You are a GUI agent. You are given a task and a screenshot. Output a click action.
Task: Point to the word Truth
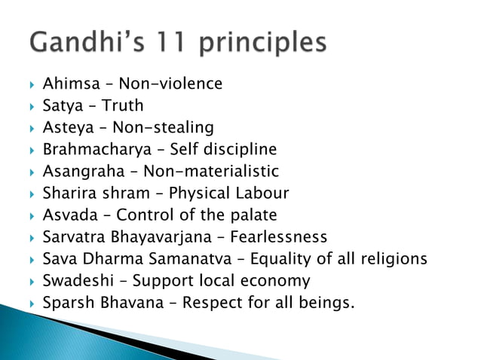pos(123,105)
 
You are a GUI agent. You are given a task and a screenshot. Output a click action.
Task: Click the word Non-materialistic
pos(211,171)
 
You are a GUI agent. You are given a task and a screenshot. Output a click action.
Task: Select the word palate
pos(252,215)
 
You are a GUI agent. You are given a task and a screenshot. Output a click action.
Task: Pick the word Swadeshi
pos(74,281)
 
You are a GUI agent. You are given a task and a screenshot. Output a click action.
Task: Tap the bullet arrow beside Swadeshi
pos(30,282)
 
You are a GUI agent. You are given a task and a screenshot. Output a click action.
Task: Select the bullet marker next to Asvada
pos(30,216)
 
